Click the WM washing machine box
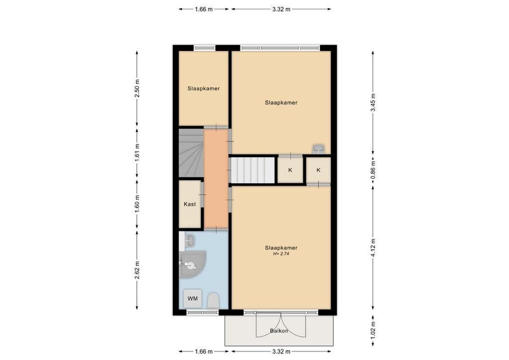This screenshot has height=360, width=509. [x=192, y=298]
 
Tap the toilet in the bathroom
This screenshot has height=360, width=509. [x=213, y=300]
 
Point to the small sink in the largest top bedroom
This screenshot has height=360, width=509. [x=319, y=149]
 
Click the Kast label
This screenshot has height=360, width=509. [x=190, y=204]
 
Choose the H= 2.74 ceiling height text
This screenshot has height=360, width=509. [x=281, y=254]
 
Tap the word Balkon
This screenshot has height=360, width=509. [x=279, y=332]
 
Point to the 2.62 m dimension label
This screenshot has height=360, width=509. [x=137, y=270]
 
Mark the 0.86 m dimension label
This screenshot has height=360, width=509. [x=373, y=170]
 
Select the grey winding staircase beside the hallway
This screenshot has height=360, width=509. [x=190, y=153]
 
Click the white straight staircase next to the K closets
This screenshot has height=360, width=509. [x=253, y=170]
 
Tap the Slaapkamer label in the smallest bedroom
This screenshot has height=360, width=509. [x=203, y=89]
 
